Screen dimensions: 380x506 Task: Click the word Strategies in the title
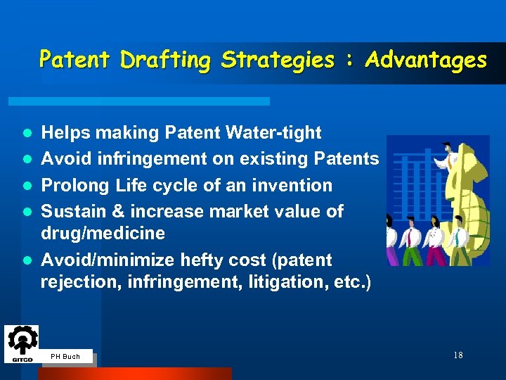point(278,61)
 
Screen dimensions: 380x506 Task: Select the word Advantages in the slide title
point(426,61)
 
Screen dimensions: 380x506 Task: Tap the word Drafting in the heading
point(165,61)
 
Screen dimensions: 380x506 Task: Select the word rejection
point(74,282)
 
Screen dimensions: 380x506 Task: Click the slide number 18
point(458,355)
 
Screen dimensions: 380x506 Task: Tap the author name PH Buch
point(65,357)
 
